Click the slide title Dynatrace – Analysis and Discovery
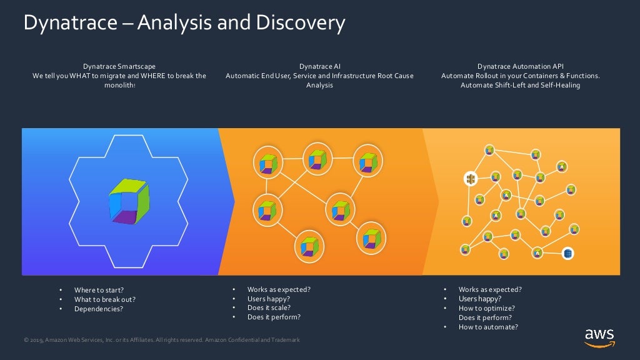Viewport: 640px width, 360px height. click(x=184, y=23)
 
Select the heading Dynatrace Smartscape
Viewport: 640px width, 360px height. click(x=119, y=66)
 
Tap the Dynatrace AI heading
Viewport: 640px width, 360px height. click(x=319, y=66)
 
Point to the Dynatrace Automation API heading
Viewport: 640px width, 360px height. click(x=520, y=66)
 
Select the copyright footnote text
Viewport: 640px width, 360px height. click(x=161, y=340)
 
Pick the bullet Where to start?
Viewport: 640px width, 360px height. click(x=99, y=290)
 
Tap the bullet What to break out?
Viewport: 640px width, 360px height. click(x=104, y=299)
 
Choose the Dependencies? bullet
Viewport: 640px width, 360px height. click(x=99, y=309)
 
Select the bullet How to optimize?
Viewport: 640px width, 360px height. click(x=486, y=308)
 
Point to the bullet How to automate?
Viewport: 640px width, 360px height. click(x=488, y=327)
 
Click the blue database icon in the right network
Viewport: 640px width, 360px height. click(x=567, y=253)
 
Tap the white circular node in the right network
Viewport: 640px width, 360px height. click(x=471, y=179)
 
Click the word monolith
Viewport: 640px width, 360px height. click(x=118, y=85)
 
